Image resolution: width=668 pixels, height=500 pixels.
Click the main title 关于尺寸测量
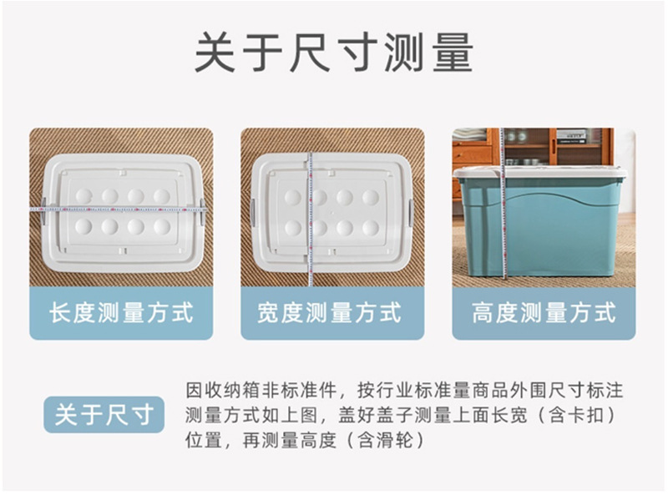pos(333,53)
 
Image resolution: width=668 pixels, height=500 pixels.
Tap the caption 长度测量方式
pos(121,313)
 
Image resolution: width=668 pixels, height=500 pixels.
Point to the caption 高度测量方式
pos(544,313)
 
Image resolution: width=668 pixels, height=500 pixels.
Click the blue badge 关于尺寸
pos(104,415)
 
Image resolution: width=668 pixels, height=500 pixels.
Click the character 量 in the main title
pos(448,53)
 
